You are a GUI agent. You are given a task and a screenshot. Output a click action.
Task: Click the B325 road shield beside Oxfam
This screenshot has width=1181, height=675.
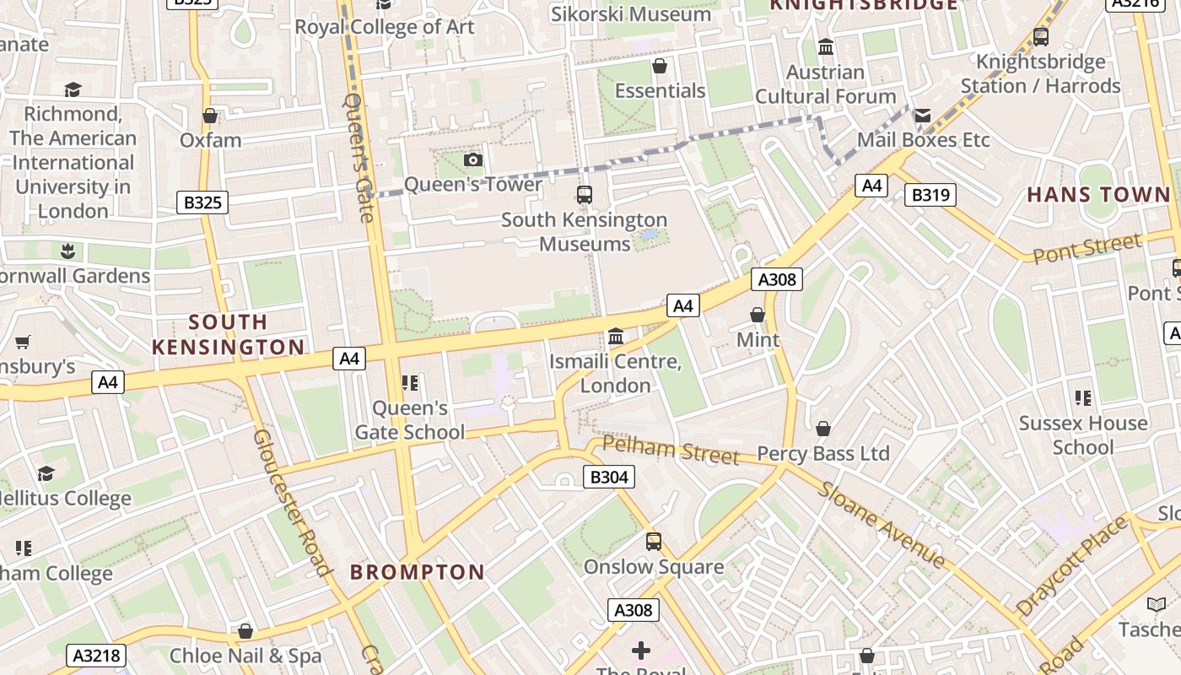click(202, 202)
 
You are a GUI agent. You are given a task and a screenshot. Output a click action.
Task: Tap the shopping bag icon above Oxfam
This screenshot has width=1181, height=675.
click(210, 116)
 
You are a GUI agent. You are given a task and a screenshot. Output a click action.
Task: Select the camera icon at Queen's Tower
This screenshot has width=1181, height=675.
click(473, 159)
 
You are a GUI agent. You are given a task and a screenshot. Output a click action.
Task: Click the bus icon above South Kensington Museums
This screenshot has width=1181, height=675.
click(584, 195)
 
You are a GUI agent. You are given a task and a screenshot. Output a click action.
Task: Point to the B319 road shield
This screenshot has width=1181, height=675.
click(930, 196)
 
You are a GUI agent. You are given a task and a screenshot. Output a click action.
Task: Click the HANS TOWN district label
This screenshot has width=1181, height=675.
click(1098, 195)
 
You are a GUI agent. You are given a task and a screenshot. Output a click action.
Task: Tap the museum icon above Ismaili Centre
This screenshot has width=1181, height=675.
click(616, 337)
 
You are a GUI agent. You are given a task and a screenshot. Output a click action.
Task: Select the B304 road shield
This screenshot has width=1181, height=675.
click(608, 478)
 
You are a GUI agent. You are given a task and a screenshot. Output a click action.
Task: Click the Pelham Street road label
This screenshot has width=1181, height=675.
click(671, 451)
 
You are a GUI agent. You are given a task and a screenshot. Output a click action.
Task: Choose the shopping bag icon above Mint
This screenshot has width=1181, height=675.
click(758, 315)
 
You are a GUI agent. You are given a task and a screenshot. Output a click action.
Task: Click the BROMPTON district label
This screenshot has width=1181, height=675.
click(418, 572)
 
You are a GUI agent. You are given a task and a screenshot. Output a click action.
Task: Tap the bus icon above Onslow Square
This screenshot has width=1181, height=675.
click(654, 542)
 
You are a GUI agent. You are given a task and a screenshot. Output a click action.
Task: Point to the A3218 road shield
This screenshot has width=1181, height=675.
click(97, 656)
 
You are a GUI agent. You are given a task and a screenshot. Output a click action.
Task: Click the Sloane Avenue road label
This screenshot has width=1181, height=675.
click(881, 524)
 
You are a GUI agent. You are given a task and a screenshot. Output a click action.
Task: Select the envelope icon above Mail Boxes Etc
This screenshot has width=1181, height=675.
click(923, 116)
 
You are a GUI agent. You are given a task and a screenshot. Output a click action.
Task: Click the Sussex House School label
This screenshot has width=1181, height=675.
click(1082, 435)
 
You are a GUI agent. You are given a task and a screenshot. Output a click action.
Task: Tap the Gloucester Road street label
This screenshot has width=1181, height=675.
click(291, 502)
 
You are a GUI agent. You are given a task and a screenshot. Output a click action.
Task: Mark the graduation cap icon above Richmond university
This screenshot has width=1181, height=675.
click(73, 89)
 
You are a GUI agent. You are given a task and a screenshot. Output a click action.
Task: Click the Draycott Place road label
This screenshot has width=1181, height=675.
click(1071, 566)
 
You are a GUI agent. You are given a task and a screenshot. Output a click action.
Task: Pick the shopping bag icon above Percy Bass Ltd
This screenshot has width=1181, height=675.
click(822, 429)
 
